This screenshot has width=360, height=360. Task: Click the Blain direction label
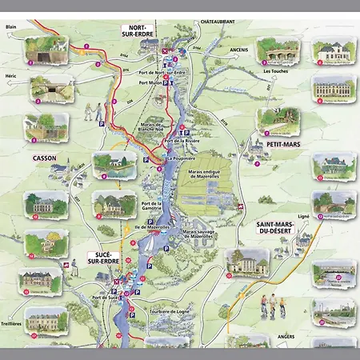11,26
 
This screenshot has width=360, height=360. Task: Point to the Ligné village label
302,215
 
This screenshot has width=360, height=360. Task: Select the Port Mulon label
150,82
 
